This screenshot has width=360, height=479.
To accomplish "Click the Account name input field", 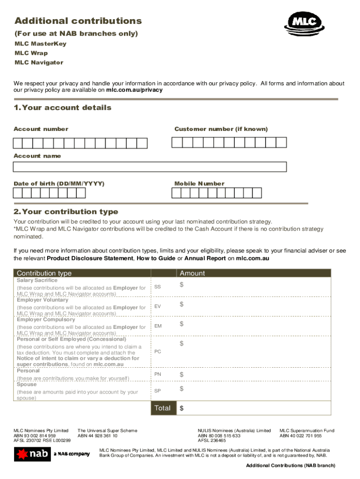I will pyautogui.click(x=150, y=167).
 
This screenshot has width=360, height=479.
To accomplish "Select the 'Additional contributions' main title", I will pyautogui.click(x=78, y=21).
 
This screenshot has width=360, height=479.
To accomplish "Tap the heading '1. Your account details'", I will pyautogui.click(x=63, y=108).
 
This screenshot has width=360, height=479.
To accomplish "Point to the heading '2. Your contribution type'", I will pyautogui.click(x=66, y=211).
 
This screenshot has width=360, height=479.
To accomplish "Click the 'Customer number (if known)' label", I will pyautogui.click(x=221, y=129).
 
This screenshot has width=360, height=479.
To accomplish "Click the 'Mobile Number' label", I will pyautogui.click(x=199, y=184).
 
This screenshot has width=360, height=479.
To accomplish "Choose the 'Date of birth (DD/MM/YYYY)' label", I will pyautogui.click(x=59, y=184).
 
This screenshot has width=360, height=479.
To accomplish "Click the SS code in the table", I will pyautogui.click(x=158, y=287).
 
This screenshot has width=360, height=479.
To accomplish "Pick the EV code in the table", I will pyautogui.click(x=158, y=306).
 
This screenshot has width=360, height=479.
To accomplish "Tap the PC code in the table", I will pyautogui.click(x=158, y=351).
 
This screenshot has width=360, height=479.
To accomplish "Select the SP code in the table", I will pyautogui.click(x=158, y=391).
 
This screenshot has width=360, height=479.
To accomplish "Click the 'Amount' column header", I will pyautogui.click(x=192, y=273).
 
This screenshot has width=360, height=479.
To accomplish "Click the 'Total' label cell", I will pyautogui.click(x=162, y=408).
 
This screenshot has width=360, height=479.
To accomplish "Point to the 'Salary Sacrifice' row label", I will pyautogui.click(x=37, y=280).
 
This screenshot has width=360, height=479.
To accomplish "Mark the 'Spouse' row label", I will pyautogui.click(x=28, y=384).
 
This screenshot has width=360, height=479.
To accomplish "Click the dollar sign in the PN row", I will pyautogui.click(x=182, y=375).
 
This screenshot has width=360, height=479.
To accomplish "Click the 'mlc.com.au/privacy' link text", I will pyautogui.click(x=134, y=90).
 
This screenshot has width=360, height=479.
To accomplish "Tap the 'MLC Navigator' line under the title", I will pyautogui.click(x=39, y=63).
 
